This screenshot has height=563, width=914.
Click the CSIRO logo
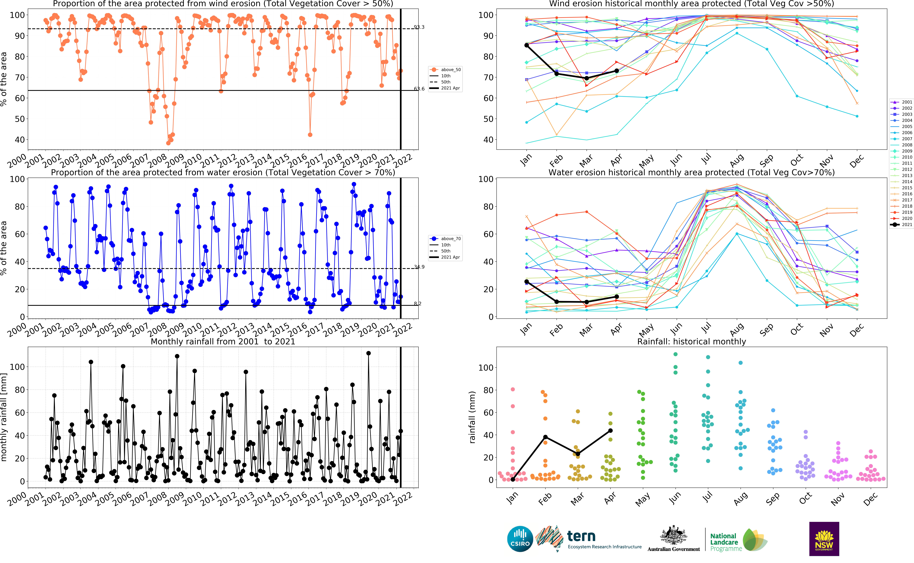(520, 539)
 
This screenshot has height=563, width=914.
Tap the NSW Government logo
(824, 539)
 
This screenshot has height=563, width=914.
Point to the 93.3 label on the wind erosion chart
(419, 27)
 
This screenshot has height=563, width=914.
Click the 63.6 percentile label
(419, 89)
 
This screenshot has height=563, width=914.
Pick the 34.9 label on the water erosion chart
(419, 267)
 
